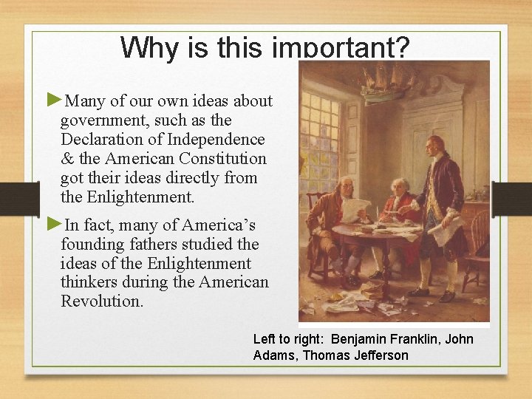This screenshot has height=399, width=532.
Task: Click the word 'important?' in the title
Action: click(341, 48)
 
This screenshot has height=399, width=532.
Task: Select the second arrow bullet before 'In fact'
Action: click(55, 224)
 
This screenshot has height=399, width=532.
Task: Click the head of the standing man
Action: click(436, 145)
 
